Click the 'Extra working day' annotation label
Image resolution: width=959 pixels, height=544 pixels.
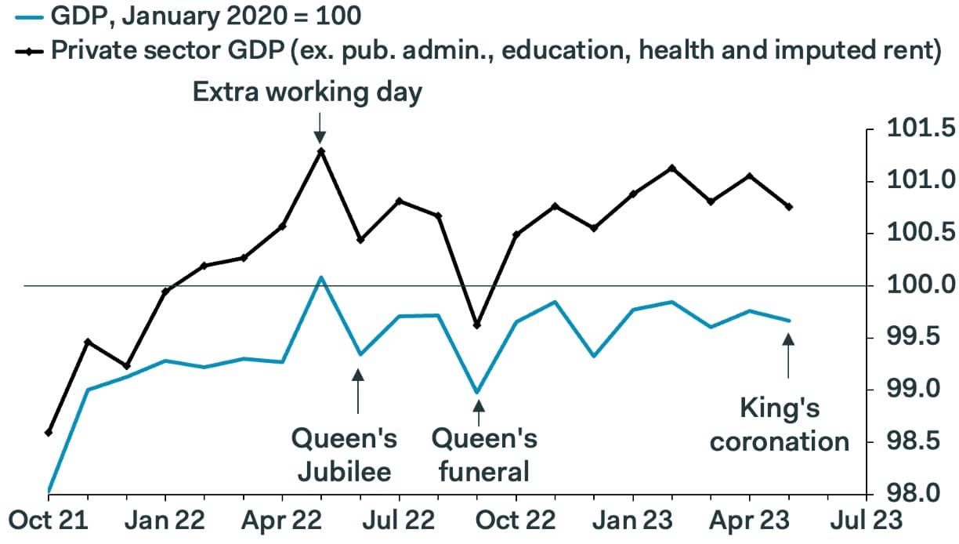[x=307, y=92]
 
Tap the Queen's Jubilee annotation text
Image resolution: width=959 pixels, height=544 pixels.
[x=345, y=455]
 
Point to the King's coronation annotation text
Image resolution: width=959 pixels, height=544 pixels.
[x=779, y=424]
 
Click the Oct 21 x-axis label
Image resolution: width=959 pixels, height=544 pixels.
[x=48, y=520]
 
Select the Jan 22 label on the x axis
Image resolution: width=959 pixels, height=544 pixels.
[x=165, y=520]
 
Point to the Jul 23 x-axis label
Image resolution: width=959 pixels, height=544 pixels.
[x=867, y=520]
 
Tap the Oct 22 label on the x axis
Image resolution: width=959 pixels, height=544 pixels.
[x=516, y=520]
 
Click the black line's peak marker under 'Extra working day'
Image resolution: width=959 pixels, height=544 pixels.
[x=320, y=151]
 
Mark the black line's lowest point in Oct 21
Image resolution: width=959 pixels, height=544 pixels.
[x=49, y=432]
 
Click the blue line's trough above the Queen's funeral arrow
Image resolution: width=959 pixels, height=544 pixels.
[x=477, y=391]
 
